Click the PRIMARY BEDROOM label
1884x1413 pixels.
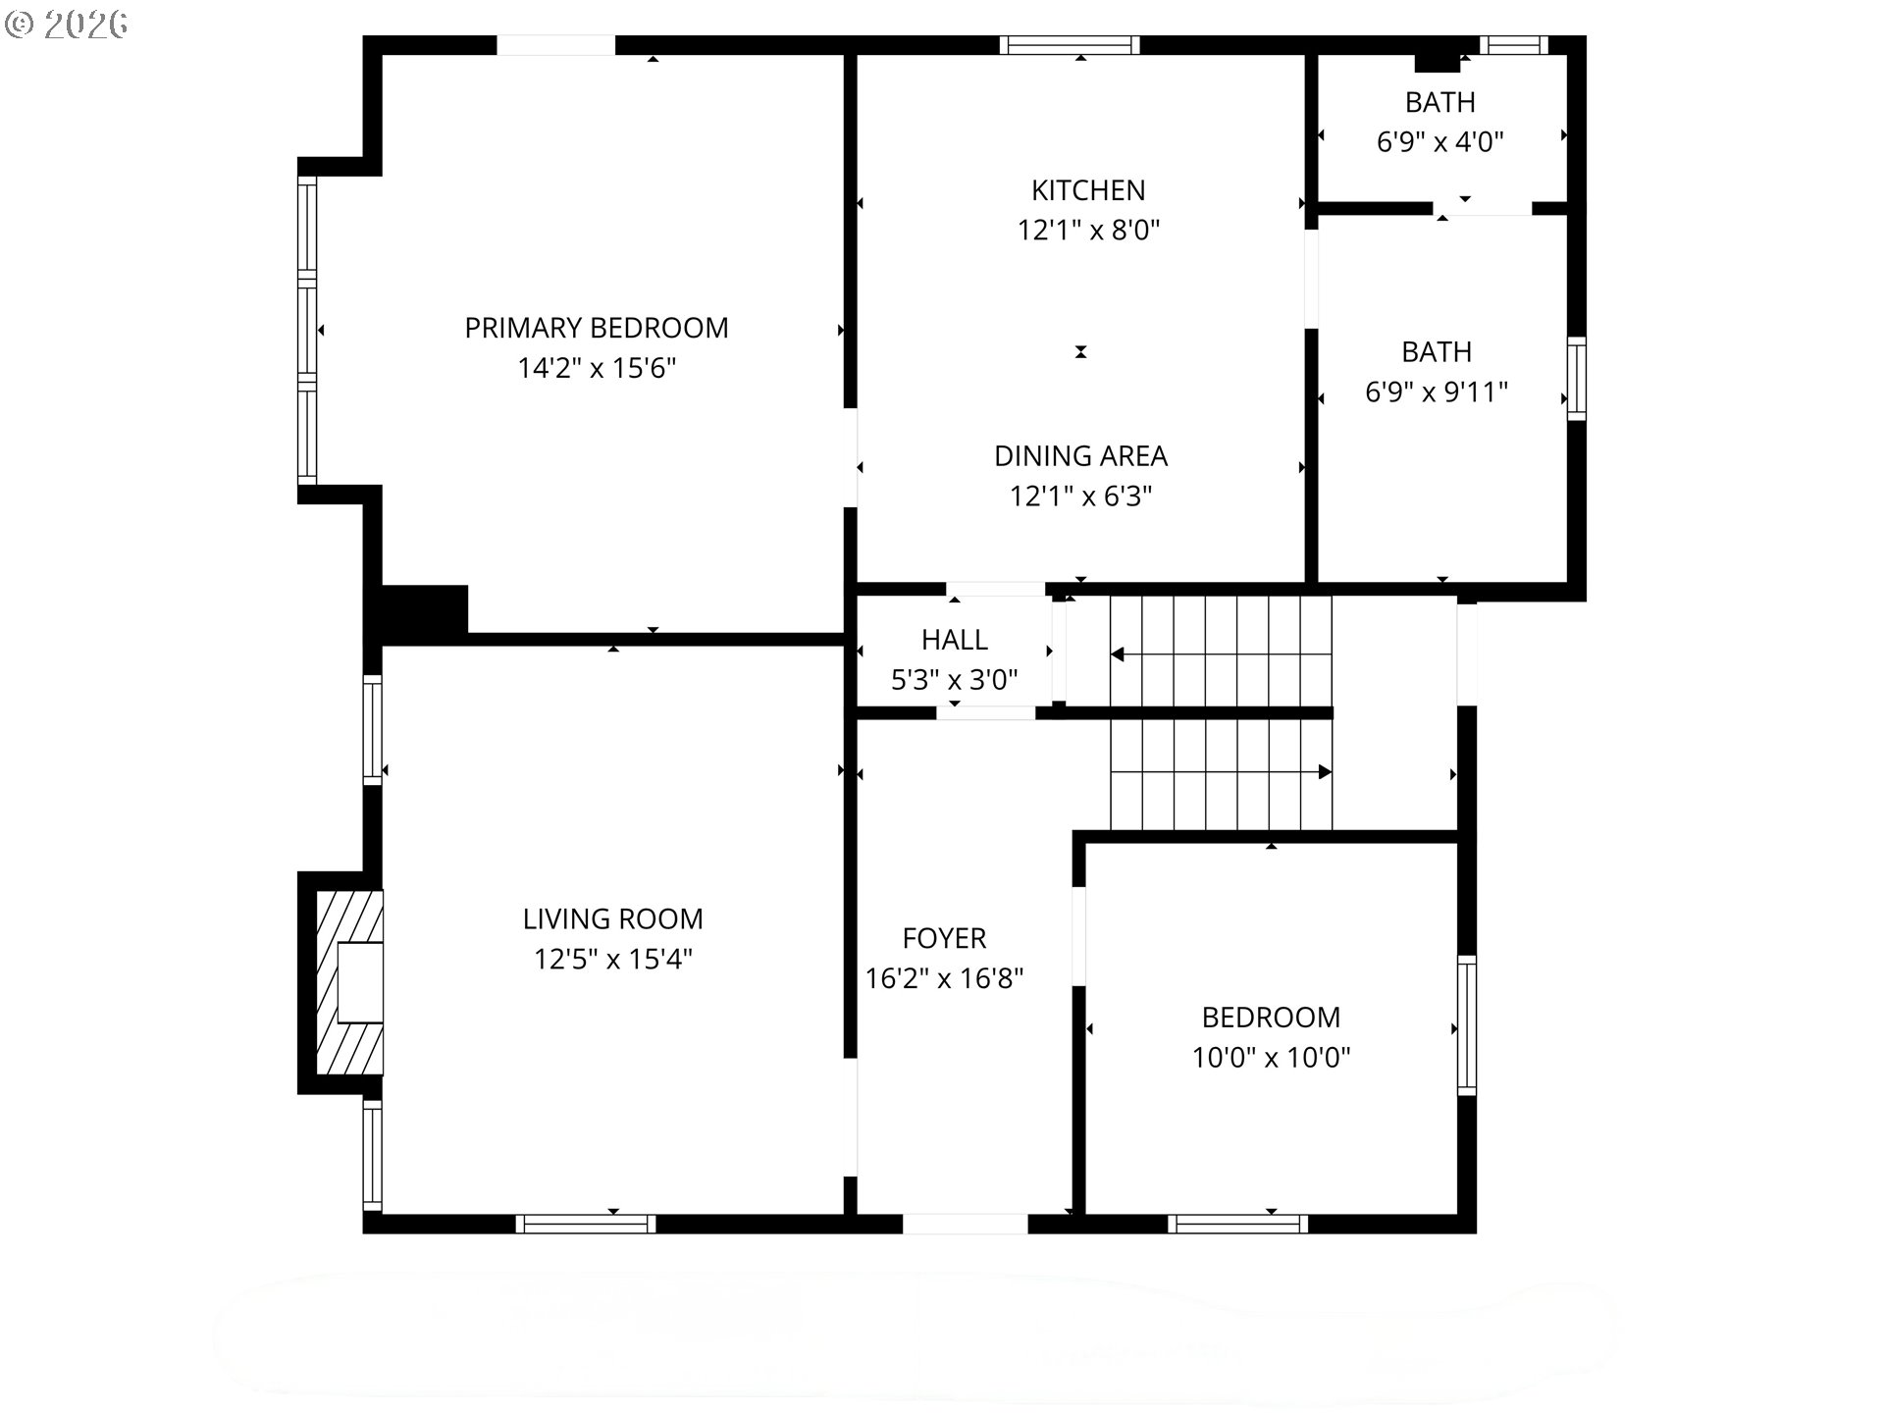click(x=597, y=328)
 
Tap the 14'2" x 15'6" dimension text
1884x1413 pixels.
click(x=597, y=368)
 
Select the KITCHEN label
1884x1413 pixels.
click(x=1088, y=190)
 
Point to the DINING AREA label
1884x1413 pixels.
click(x=1080, y=456)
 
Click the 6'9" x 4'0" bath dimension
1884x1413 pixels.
click(x=1439, y=142)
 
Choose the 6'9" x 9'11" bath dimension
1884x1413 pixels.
click(x=1437, y=392)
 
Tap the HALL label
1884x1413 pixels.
click(x=954, y=640)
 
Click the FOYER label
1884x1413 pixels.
click(x=944, y=938)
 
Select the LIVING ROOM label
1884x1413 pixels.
click(x=612, y=919)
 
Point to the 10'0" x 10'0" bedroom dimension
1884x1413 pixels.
click(x=1271, y=1058)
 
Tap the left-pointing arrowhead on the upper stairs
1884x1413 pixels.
click(x=1117, y=654)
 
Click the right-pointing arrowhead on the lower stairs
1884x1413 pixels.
click(x=1325, y=772)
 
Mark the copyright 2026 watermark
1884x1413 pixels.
click(x=67, y=25)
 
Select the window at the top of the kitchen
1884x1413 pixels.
click(x=1070, y=44)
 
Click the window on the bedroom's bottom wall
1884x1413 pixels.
click(x=1237, y=1224)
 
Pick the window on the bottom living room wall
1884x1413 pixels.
click(x=586, y=1224)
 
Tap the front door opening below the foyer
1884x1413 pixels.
click(x=965, y=1224)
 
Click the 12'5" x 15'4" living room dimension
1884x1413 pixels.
click(x=612, y=959)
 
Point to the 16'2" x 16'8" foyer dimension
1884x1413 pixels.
click(x=944, y=978)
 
